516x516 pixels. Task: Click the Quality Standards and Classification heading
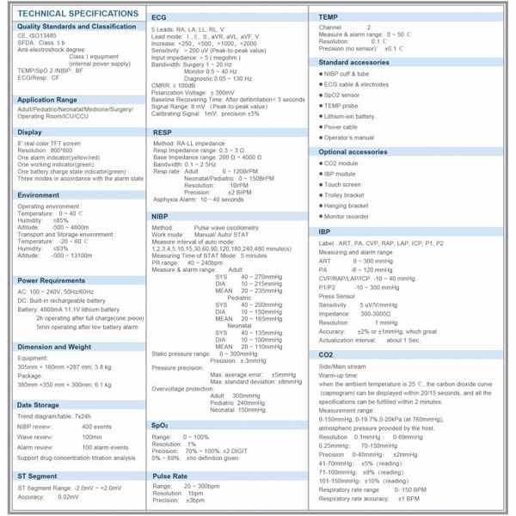(x=76, y=28)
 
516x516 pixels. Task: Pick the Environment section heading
(x=40, y=195)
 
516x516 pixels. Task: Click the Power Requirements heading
(x=52, y=280)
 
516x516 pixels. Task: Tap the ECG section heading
(x=159, y=16)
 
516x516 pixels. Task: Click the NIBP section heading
(x=161, y=216)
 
